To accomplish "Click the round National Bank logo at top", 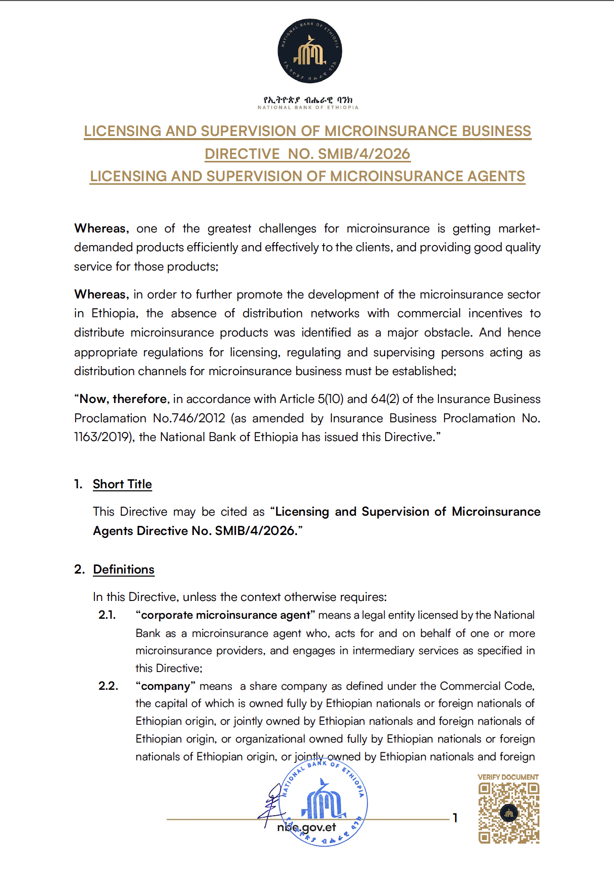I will coord(310,51).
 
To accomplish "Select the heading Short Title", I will coord(122,484).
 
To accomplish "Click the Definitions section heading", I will coord(124,569).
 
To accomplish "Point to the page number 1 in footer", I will coord(455,818).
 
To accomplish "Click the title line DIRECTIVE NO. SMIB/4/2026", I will coord(308,154).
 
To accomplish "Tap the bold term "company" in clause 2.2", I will coord(165,686).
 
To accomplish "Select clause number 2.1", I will coord(107,615).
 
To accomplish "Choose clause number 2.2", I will coord(108,686).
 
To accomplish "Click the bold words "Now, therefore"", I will coord(123,399).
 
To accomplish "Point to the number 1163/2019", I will coord(104,437).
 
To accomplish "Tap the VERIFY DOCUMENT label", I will coord(508,777).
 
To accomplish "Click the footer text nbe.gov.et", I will coord(306,827).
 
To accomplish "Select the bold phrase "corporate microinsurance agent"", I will coord(226,615).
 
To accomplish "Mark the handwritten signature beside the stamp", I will coord(271,802).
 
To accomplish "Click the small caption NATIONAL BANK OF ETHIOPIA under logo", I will coord(308,108).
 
